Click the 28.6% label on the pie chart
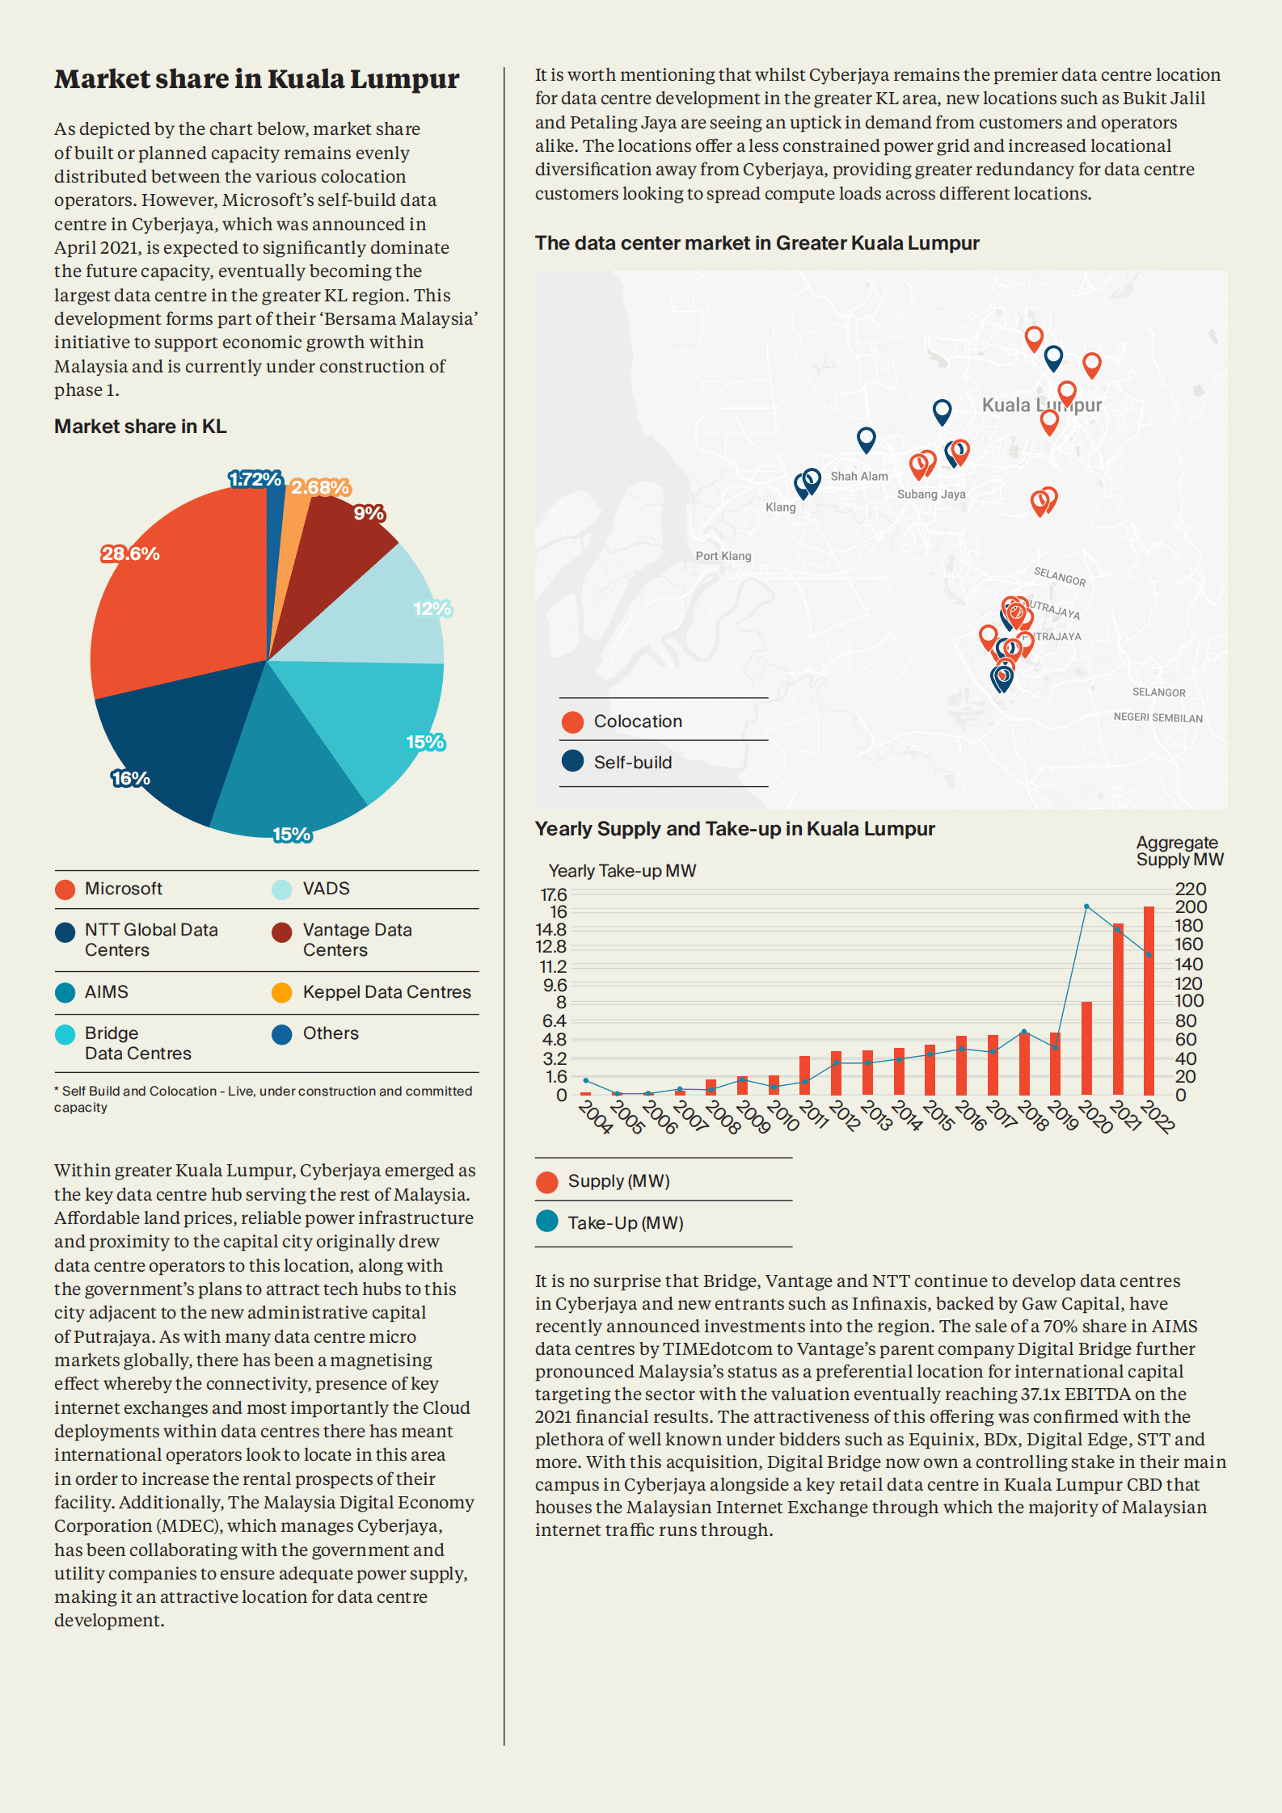tap(130, 554)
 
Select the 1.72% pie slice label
tap(255, 480)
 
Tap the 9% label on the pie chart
tap(369, 514)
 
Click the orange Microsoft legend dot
tap(65, 890)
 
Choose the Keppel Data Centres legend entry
tap(386, 992)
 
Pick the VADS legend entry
tap(326, 889)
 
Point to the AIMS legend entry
tap(106, 992)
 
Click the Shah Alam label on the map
tap(859, 477)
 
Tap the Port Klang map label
tap(723, 556)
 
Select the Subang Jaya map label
tap(931, 494)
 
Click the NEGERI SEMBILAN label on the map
tap(1158, 718)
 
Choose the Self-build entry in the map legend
tap(632, 762)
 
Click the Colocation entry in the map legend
tap(637, 721)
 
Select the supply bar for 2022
tap(1149, 1001)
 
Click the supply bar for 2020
tap(1086, 1048)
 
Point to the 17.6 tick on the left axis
tap(554, 894)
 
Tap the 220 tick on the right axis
tap(1190, 889)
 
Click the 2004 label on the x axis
tap(596, 1117)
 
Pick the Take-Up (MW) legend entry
tap(625, 1223)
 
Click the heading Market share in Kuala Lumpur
tap(257, 79)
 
